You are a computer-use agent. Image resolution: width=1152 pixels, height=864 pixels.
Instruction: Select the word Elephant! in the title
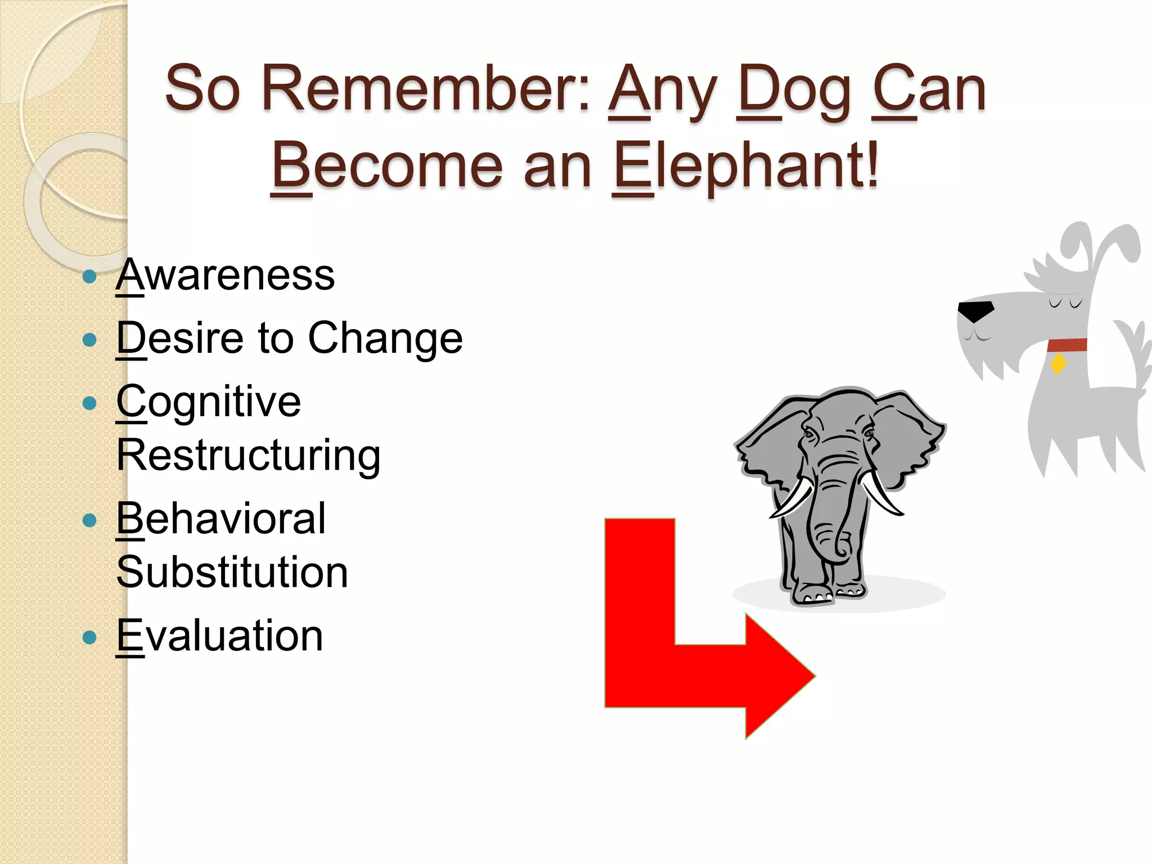pos(745,165)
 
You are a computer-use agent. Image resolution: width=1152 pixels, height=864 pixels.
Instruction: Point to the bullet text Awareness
pos(225,275)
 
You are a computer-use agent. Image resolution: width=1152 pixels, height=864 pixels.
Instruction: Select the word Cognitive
pos(209,402)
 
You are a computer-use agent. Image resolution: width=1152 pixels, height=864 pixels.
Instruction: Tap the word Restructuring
pos(248,455)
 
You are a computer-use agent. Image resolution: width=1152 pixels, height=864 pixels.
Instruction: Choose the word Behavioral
pos(220,519)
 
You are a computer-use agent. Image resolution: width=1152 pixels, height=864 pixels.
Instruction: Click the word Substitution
pos(232,572)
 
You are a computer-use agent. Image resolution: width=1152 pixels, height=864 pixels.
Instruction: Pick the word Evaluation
pos(219,636)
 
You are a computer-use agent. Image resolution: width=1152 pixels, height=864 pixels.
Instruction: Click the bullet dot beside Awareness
pos(89,277)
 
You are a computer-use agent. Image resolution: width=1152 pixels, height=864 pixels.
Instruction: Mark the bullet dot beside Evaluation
pos(89,637)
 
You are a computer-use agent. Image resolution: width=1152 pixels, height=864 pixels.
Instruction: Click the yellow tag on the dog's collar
pos(1058,363)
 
